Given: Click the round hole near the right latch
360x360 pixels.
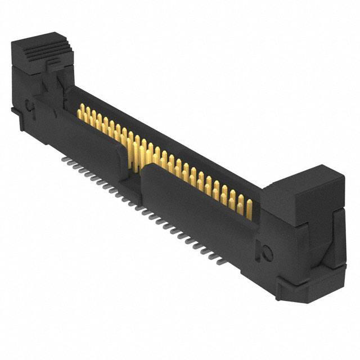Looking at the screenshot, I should (x=267, y=253).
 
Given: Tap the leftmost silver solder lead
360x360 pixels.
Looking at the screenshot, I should (x=63, y=159).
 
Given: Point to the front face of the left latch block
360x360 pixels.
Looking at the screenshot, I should (x=25, y=70).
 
